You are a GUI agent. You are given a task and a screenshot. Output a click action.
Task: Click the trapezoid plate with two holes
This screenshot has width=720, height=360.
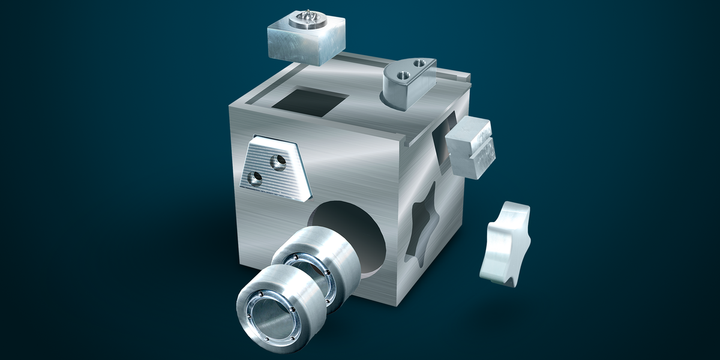click(x=275, y=169)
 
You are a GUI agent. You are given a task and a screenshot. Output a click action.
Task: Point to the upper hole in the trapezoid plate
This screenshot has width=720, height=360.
click(x=278, y=160)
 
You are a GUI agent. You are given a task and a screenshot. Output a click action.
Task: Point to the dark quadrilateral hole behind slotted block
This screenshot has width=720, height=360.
click(x=441, y=141)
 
